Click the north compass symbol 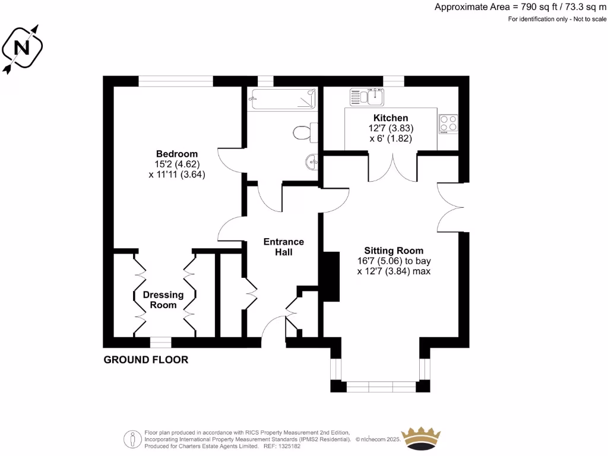pyautogui.click(x=23, y=47)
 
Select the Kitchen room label pyautogui.click(x=390, y=118)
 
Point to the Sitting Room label pyautogui.click(x=394, y=251)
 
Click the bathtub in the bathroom pyautogui.click(x=281, y=99)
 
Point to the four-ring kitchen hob pyautogui.click(x=448, y=123)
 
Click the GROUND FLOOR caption pyautogui.click(x=145, y=360)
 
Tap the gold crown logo pyautogui.click(x=422, y=438)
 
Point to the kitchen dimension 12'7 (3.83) pyautogui.click(x=390, y=128)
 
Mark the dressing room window pyautogui.click(x=160, y=342)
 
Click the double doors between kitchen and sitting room pyautogui.click(x=392, y=166)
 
